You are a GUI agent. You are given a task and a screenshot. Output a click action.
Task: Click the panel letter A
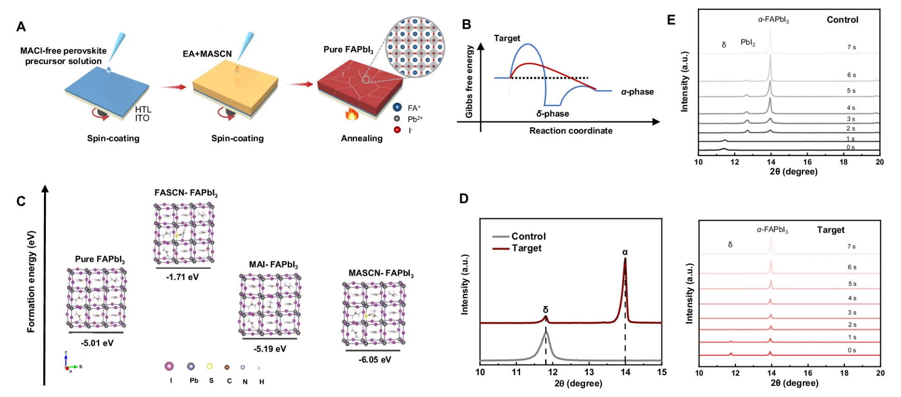click(x=21, y=27)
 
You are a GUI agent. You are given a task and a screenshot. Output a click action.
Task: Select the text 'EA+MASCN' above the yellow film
click(x=207, y=54)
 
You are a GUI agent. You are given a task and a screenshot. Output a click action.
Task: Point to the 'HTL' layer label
click(x=143, y=110)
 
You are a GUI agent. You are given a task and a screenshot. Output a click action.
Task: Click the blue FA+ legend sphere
click(x=397, y=107)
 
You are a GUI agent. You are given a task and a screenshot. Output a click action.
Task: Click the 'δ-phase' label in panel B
click(x=553, y=114)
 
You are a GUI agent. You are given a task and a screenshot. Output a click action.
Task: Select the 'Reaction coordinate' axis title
click(x=571, y=131)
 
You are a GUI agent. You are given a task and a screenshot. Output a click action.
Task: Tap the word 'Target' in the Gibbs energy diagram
click(x=507, y=39)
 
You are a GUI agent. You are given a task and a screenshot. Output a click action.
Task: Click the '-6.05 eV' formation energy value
click(x=375, y=359)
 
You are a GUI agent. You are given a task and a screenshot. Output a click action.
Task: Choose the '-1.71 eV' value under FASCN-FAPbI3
click(x=182, y=277)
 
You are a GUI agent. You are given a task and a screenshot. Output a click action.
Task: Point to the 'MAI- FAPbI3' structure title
click(x=273, y=265)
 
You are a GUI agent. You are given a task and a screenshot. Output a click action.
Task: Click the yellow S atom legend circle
click(x=210, y=366)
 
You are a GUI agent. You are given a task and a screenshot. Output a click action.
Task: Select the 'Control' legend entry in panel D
click(x=528, y=236)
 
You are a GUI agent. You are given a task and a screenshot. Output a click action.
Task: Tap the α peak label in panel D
click(x=625, y=253)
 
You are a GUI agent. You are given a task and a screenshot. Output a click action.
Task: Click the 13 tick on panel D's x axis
click(x=589, y=372)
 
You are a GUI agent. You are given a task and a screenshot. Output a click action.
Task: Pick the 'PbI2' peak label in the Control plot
click(x=747, y=43)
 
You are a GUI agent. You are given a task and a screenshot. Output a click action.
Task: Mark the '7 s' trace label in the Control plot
click(x=851, y=47)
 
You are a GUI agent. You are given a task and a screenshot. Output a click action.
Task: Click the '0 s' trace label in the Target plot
click(x=851, y=351)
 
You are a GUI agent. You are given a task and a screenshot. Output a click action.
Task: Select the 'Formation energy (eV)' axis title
click(x=31, y=281)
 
